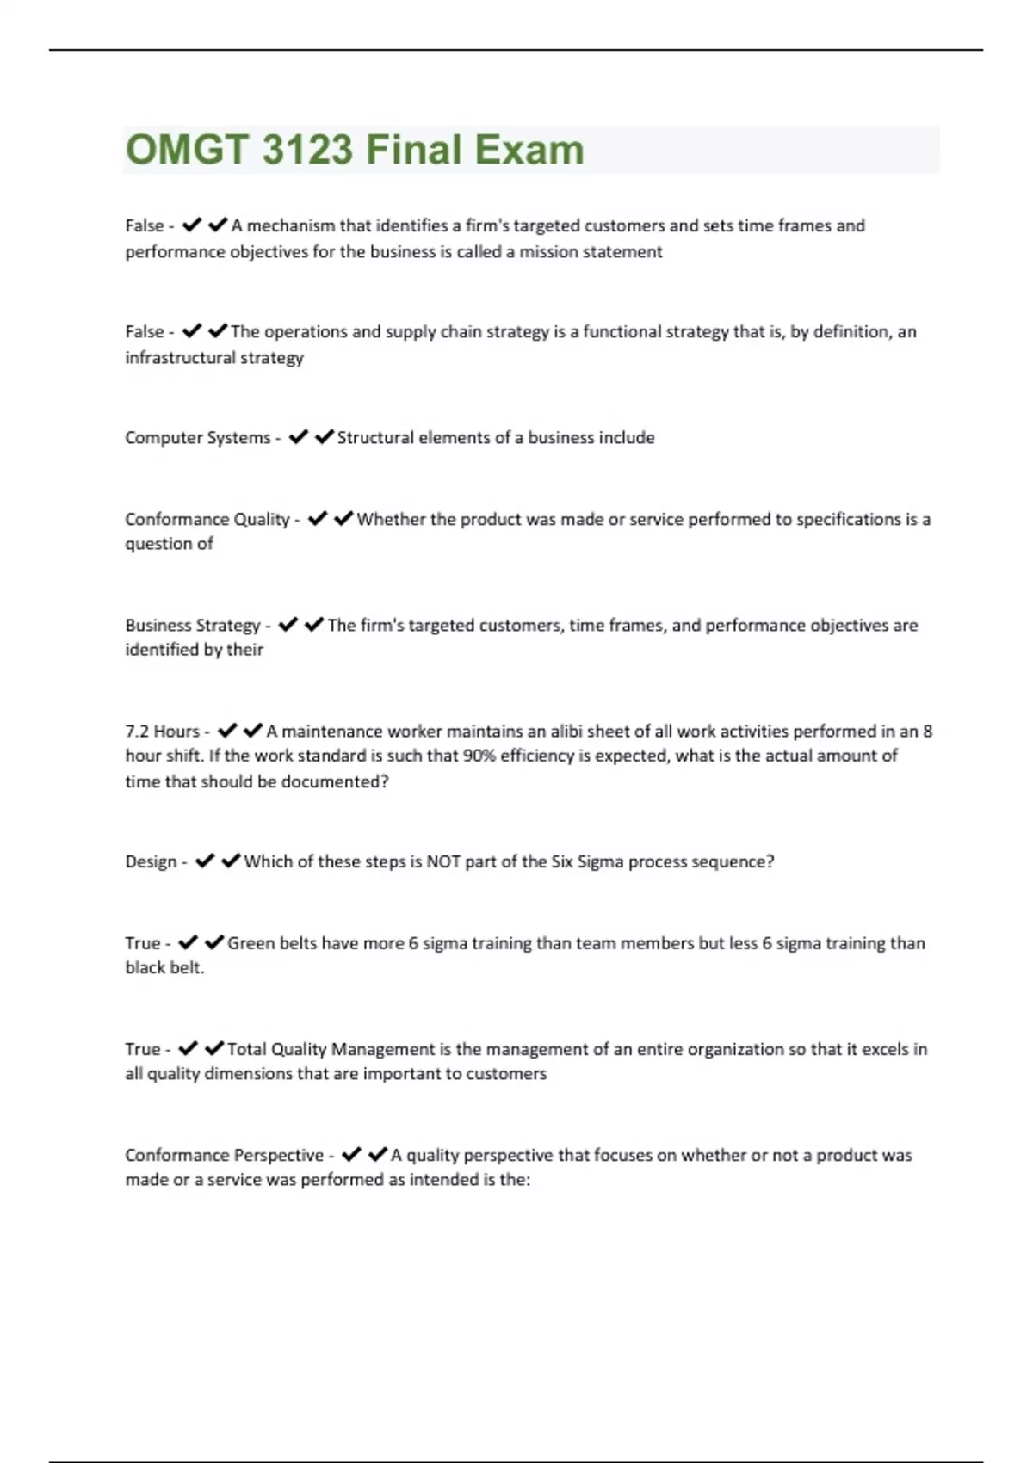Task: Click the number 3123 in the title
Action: [x=307, y=150]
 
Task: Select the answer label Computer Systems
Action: [x=197, y=438]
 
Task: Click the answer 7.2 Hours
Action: [x=162, y=731]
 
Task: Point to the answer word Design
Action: [x=151, y=861]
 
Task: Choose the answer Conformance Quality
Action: [x=207, y=520]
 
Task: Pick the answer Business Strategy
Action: [x=192, y=626]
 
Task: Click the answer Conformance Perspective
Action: [x=224, y=1156]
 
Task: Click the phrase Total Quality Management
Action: [x=331, y=1049]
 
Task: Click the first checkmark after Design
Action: [x=204, y=861]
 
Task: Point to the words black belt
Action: [x=164, y=968]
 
